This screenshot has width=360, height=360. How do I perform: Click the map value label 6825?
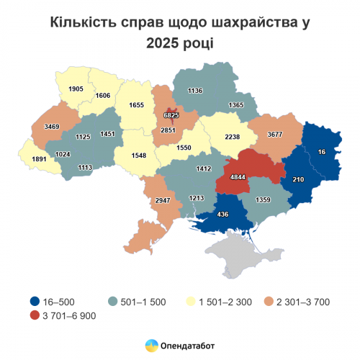(171, 115)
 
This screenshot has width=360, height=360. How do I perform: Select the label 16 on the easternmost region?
(321, 152)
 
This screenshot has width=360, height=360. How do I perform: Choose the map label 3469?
(52, 127)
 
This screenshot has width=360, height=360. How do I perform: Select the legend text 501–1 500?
(138, 302)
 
